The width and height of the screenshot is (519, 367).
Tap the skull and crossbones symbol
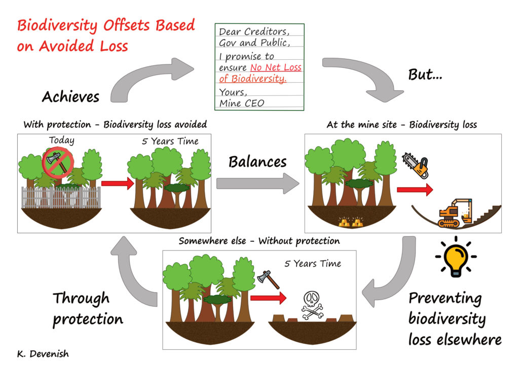click(x=312, y=306)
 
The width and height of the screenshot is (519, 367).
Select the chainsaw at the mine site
click(x=416, y=165)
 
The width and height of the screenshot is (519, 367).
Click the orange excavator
click(x=455, y=213)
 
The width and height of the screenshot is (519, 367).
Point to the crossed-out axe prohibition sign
click(x=58, y=163)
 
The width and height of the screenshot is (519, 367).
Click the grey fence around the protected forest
click(x=61, y=198)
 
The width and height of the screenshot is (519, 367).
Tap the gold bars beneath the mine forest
click(x=351, y=222)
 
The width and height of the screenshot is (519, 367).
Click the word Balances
click(x=257, y=162)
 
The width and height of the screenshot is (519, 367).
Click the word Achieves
click(x=70, y=97)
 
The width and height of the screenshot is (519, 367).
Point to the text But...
click(x=425, y=75)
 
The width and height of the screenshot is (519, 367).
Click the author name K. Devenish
click(x=43, y=354)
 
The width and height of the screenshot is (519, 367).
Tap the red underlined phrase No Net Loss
click(x=276, y=67)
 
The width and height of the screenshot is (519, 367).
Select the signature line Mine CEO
click(x=242, y=103)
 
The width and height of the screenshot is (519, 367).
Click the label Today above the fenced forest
click(x=62, y=140)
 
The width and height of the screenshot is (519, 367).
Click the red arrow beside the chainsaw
click(x=415, y=190)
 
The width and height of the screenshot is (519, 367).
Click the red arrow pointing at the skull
click(x=268, y=298)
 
